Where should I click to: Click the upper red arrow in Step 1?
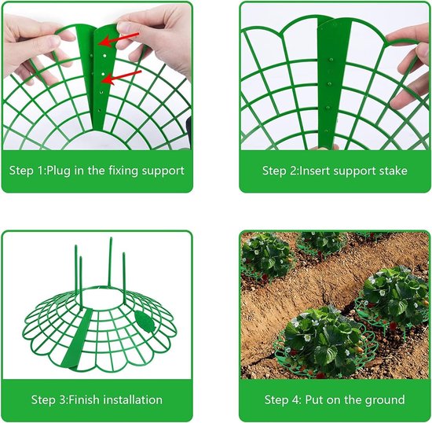(119, 39)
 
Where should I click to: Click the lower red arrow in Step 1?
(121, 77)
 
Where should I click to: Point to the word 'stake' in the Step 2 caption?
(394, 171)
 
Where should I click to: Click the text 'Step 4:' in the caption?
(283, 400)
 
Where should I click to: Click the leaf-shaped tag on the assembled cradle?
(144, 321)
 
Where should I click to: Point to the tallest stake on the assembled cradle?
(110, 262)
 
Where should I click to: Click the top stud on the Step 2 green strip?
(331, 60)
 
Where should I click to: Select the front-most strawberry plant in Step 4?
(321, 342)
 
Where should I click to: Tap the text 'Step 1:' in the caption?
(27, 171)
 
